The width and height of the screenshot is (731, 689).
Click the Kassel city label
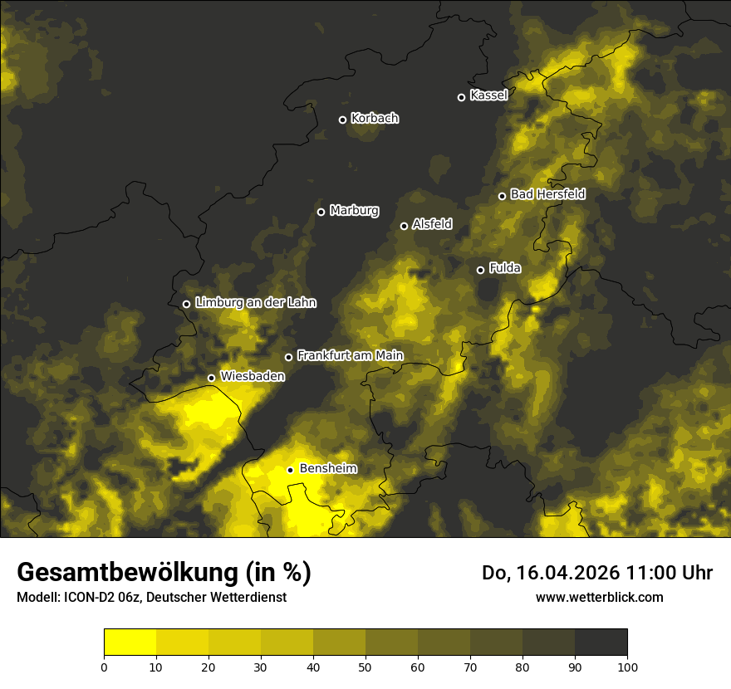488,95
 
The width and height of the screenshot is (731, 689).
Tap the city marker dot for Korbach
342,120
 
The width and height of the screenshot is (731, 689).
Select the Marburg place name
354,211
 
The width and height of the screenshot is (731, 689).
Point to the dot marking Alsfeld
405,226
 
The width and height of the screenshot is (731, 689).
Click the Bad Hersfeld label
547,194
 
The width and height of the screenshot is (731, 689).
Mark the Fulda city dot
480,270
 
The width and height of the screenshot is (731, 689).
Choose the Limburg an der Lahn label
256,303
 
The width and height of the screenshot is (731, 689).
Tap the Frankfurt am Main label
350,356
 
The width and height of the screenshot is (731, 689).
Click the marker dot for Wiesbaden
211,378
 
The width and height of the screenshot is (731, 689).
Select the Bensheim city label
328,469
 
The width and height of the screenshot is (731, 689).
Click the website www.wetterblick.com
599,597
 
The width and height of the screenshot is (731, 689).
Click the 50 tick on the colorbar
365,667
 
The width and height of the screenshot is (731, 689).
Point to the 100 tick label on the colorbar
627,667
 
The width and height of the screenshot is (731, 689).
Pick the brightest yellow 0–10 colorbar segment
130,643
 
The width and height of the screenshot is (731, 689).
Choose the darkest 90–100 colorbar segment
601,643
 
